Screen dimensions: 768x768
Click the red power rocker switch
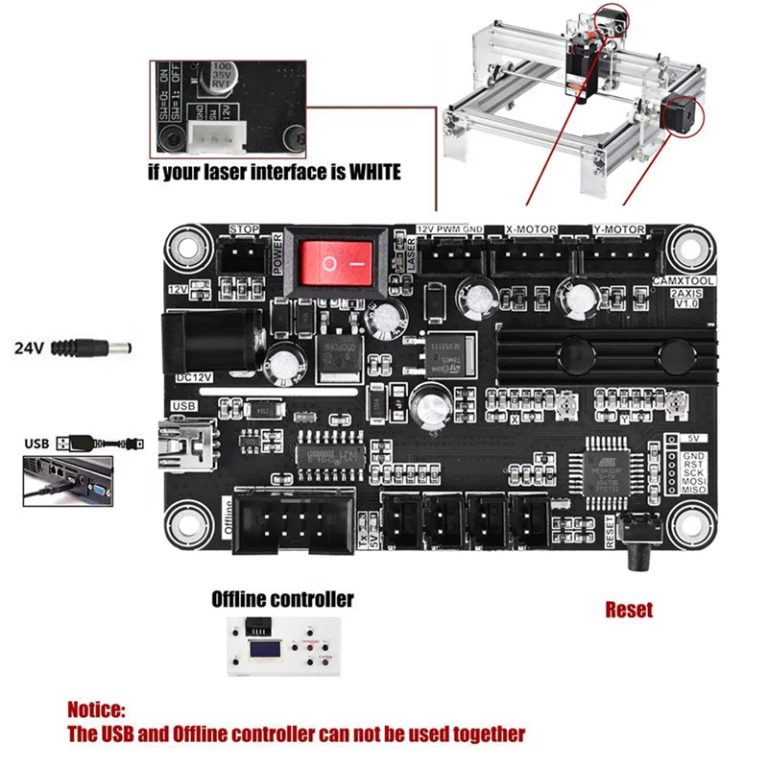pyautogui.click(x=334, y=260)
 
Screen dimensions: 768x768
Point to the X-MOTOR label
pyautogui.click(x=531, y=230)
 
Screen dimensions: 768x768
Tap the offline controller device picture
pyautogui.click(x=282, y=650)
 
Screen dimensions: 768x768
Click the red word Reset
pyautogui.click(x=629, y=609)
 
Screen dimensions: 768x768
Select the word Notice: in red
pyautogui.click(x=96, y=710)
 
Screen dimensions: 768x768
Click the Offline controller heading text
pyautogui.click(x=282, y=599)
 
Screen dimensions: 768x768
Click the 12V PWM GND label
pyautogui.click(x=450, y=230)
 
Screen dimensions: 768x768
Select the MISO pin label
pyautogui.click(x=693, y=491)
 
